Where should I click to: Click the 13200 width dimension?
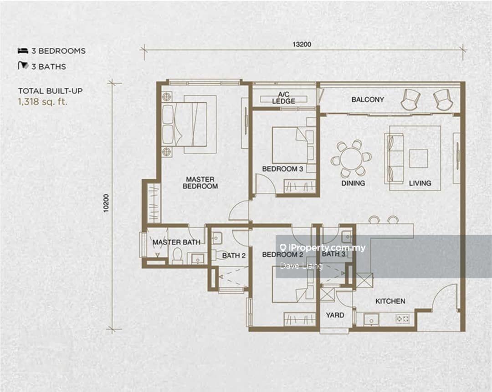tap(302, 44)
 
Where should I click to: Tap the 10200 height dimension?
tap(106, 203)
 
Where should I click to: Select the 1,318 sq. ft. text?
tap(43, 101)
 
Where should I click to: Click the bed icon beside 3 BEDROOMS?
tap(23, 50)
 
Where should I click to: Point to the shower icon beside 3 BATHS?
tap(23, 65)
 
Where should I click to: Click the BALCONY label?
tap(368, 100)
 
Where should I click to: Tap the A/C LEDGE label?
tap(284, 98)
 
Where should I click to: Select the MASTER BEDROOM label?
tap(200, 183)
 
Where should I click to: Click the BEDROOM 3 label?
tap(282, 169)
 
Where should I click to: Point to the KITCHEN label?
tap(390, 301)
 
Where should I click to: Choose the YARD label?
tap(335, 315)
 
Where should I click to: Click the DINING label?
tap(353, 183)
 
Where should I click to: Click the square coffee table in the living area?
tap(419, 159)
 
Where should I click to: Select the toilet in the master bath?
tap(177, 256)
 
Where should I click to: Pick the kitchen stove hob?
tap(402, 319)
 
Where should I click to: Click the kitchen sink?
tap(372, 320)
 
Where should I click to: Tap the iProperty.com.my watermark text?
tap(323, 248)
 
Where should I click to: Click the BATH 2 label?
tap(234, 256)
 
